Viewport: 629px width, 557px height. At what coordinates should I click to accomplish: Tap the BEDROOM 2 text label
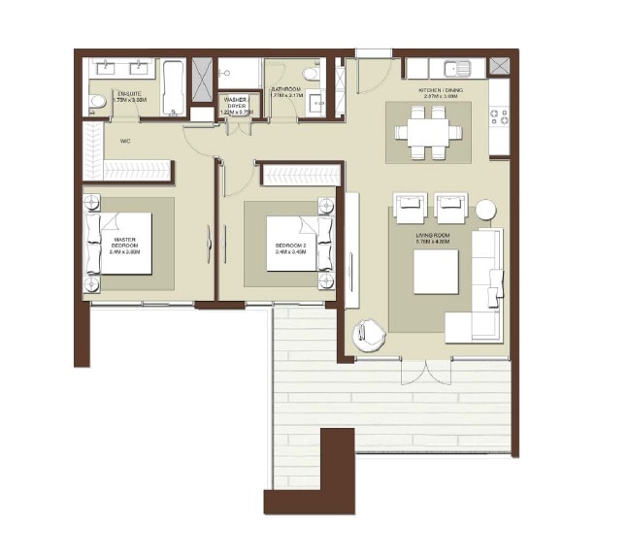click(x=290, y=246)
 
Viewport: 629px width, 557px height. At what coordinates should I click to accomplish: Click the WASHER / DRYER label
click(x=236, y=104)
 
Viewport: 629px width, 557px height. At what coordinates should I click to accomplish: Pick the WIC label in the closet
click(x=125, y=141)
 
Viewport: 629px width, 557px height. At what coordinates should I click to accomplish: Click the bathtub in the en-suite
click(x=173, y=88)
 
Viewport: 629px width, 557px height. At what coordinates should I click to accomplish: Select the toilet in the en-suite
click(x=97, y=100)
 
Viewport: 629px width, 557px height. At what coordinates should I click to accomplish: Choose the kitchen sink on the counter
click(x=456, y=68)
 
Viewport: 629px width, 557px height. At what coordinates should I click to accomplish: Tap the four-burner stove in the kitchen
click(x=500, y=116)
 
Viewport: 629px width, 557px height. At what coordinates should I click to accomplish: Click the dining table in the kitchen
click(x=428, y=132)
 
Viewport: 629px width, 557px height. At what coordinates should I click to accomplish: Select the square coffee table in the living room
click(x=436, y=272)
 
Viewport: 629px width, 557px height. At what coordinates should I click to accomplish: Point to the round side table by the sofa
click(x=484, y=210)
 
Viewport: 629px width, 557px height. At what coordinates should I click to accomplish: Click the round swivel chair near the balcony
click(x=369, y=335)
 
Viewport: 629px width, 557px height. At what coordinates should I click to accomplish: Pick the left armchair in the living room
click(x=409, y=209)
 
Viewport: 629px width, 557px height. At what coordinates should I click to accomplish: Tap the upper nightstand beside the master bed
click(x=92, y=204)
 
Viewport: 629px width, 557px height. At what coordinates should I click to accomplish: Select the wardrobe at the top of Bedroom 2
click(x=301, y=175)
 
